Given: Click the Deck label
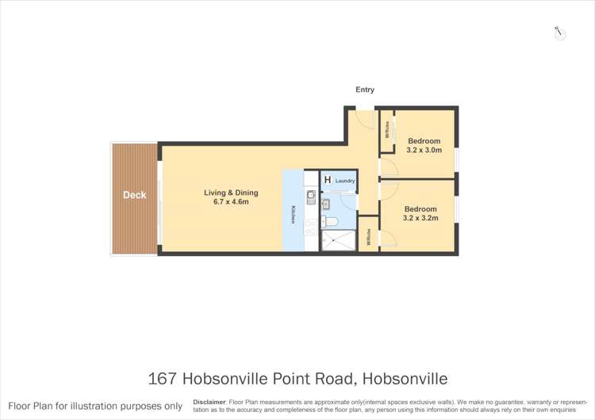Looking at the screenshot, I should click(134, 195).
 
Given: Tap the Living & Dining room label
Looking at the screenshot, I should click(231, 193).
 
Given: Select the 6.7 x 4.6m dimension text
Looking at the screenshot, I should click(231, 202).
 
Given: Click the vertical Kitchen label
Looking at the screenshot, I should click(292, 214).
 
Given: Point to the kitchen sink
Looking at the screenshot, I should click(311, 198).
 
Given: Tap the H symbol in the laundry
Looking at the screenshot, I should click(327, 181).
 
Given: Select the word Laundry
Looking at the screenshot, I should click(345, 181).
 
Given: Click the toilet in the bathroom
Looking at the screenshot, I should click(331, 221).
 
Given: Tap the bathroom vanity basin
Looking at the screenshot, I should click(325, 204).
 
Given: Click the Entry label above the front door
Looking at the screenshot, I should click(365, 90).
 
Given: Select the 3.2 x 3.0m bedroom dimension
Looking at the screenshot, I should click(424, 149).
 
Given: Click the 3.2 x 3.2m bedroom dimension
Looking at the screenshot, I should click(419, 217).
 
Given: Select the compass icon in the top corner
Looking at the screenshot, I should click(559, 32).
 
